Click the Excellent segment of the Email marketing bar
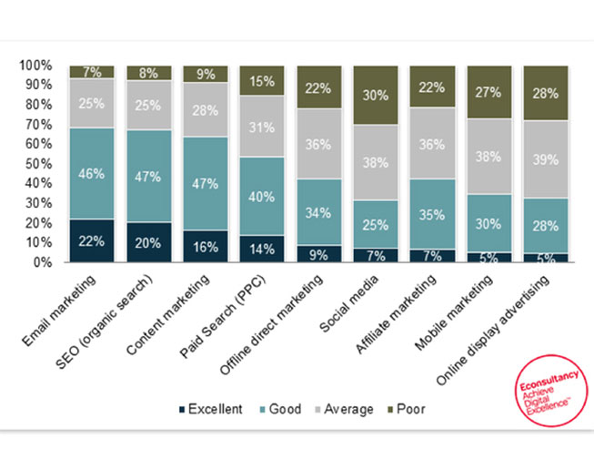92,240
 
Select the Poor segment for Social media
376,95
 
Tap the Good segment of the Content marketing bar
206,183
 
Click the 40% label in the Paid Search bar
262,196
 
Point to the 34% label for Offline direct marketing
318,211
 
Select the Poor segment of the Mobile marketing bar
489,92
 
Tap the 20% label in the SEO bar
148,243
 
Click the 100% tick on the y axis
37,66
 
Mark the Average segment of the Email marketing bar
92,103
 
